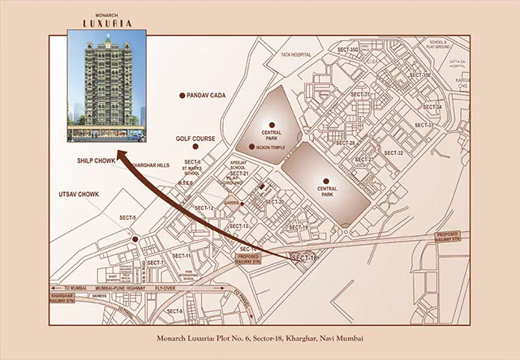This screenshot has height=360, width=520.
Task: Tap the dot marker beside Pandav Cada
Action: (183, 96)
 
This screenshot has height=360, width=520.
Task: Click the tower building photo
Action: (106, 79)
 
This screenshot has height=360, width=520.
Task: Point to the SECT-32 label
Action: (393, 152)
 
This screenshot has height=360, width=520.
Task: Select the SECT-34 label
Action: (432, 107)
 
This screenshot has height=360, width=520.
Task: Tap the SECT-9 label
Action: (174, 311)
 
